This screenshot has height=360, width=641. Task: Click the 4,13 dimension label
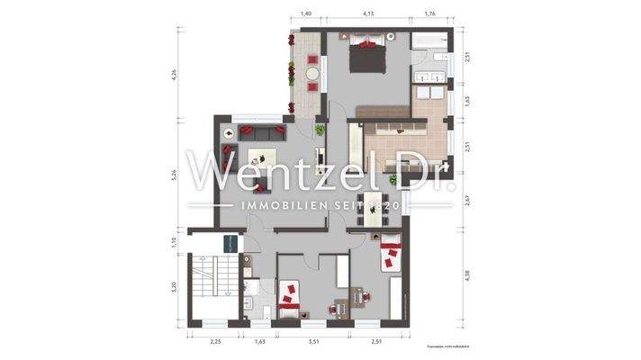point(368,15)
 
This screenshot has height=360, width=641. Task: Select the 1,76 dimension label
point(429,15)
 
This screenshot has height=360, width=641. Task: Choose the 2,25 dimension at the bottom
point(215,342)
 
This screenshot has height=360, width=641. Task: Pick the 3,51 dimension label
point(313,342)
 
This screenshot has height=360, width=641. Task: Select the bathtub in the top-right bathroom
point(430,40)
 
